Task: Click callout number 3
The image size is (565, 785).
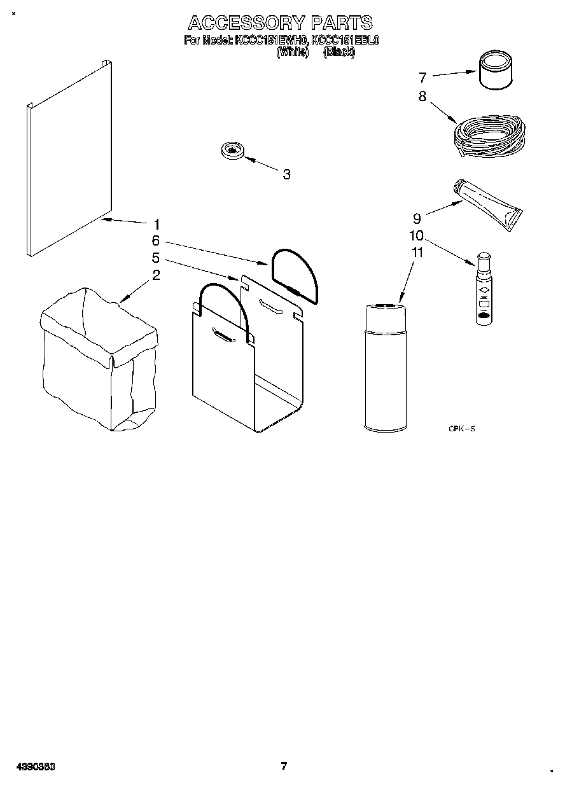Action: click(286, 174)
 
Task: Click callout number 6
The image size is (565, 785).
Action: click(156, 241)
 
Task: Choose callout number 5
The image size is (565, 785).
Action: click(156, 258)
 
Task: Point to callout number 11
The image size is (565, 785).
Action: click(417, 252)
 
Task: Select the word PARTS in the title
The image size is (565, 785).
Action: click(342, 23)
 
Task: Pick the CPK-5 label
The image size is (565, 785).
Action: click(462, 429)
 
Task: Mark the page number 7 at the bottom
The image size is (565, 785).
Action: click(284, 765)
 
